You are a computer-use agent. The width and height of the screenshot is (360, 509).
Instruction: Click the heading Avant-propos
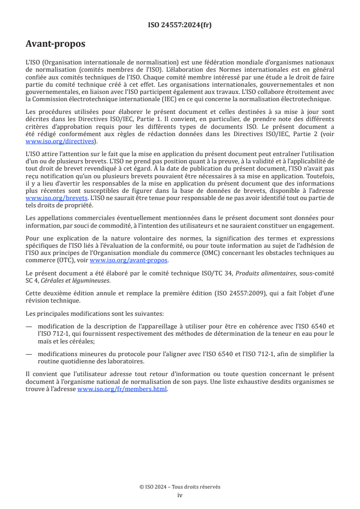55,44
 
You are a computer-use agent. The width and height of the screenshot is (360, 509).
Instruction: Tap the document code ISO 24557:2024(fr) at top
180,25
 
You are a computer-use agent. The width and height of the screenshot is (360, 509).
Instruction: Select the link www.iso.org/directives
62,142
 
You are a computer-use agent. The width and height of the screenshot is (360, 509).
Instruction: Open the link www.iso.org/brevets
49,199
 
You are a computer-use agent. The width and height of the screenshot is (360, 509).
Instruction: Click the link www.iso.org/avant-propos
129,260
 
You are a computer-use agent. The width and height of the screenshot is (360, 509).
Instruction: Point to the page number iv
180,495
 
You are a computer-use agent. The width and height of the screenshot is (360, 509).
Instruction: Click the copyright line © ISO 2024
180,487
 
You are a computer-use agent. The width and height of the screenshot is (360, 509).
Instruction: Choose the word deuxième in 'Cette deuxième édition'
57,293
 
